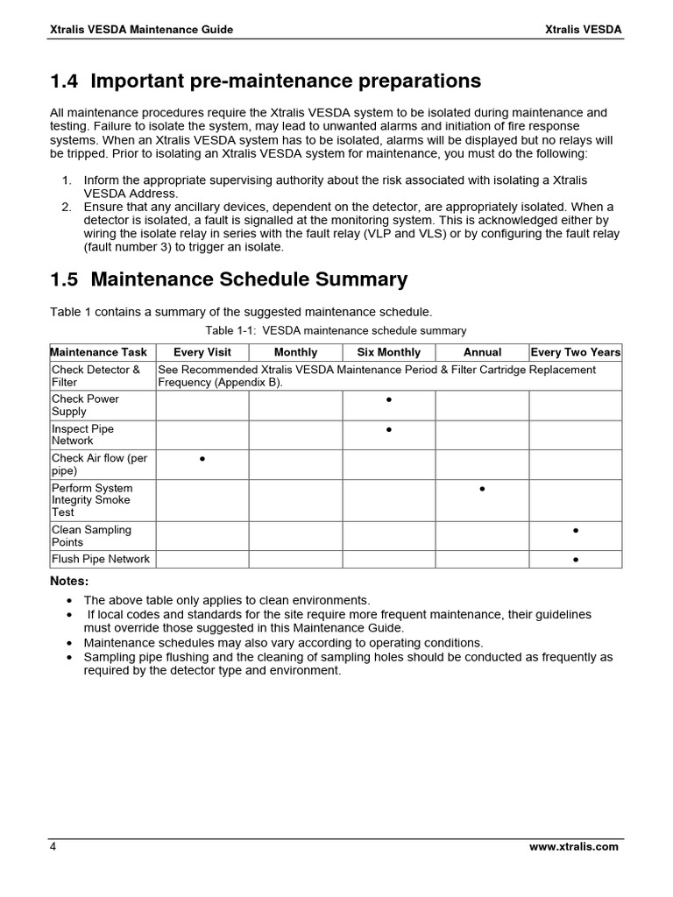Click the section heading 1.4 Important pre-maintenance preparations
point(266,81)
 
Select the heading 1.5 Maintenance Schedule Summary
point(229,279)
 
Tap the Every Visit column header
point(202,352)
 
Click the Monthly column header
point(295,352)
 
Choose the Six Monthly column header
point(388,352)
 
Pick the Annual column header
point(482,352)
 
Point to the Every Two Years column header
point(576,352)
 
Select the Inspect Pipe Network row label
point(82,434)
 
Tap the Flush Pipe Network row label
point(100,559)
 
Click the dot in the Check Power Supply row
point(388,400)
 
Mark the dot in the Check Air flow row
point(202,459)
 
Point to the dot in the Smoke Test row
point(482,489)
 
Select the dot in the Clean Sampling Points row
point(576,531)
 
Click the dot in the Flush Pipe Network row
point(576,560)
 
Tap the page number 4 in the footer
point(53,847)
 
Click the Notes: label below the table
point(69,582)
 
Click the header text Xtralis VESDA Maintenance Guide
point(140,30)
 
